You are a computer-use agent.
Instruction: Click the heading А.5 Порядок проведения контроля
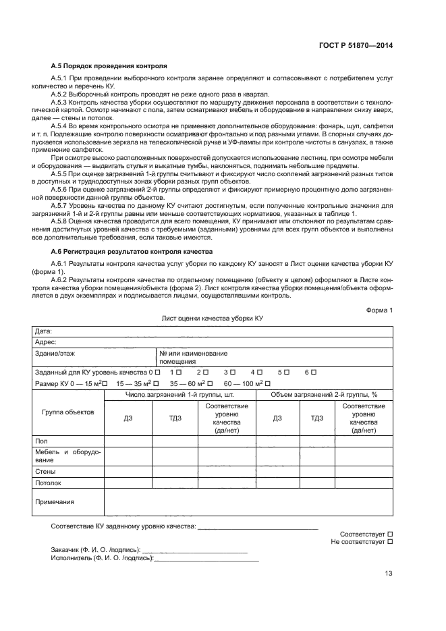tap(109, 67)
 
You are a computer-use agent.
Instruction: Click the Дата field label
tap(43, 331)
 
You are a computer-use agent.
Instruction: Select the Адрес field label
tap(45, 342)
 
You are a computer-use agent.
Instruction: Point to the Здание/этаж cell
tap(55, 353)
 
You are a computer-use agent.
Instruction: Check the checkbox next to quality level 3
tap(233, 373)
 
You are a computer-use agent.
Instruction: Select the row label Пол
tap(40, 441)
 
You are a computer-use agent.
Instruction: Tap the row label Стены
tap(45, 472)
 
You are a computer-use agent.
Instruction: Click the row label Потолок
tap(48, 483)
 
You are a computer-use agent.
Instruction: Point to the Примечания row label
tap(54, 501)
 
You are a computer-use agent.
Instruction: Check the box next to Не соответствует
tap(391, 542)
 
